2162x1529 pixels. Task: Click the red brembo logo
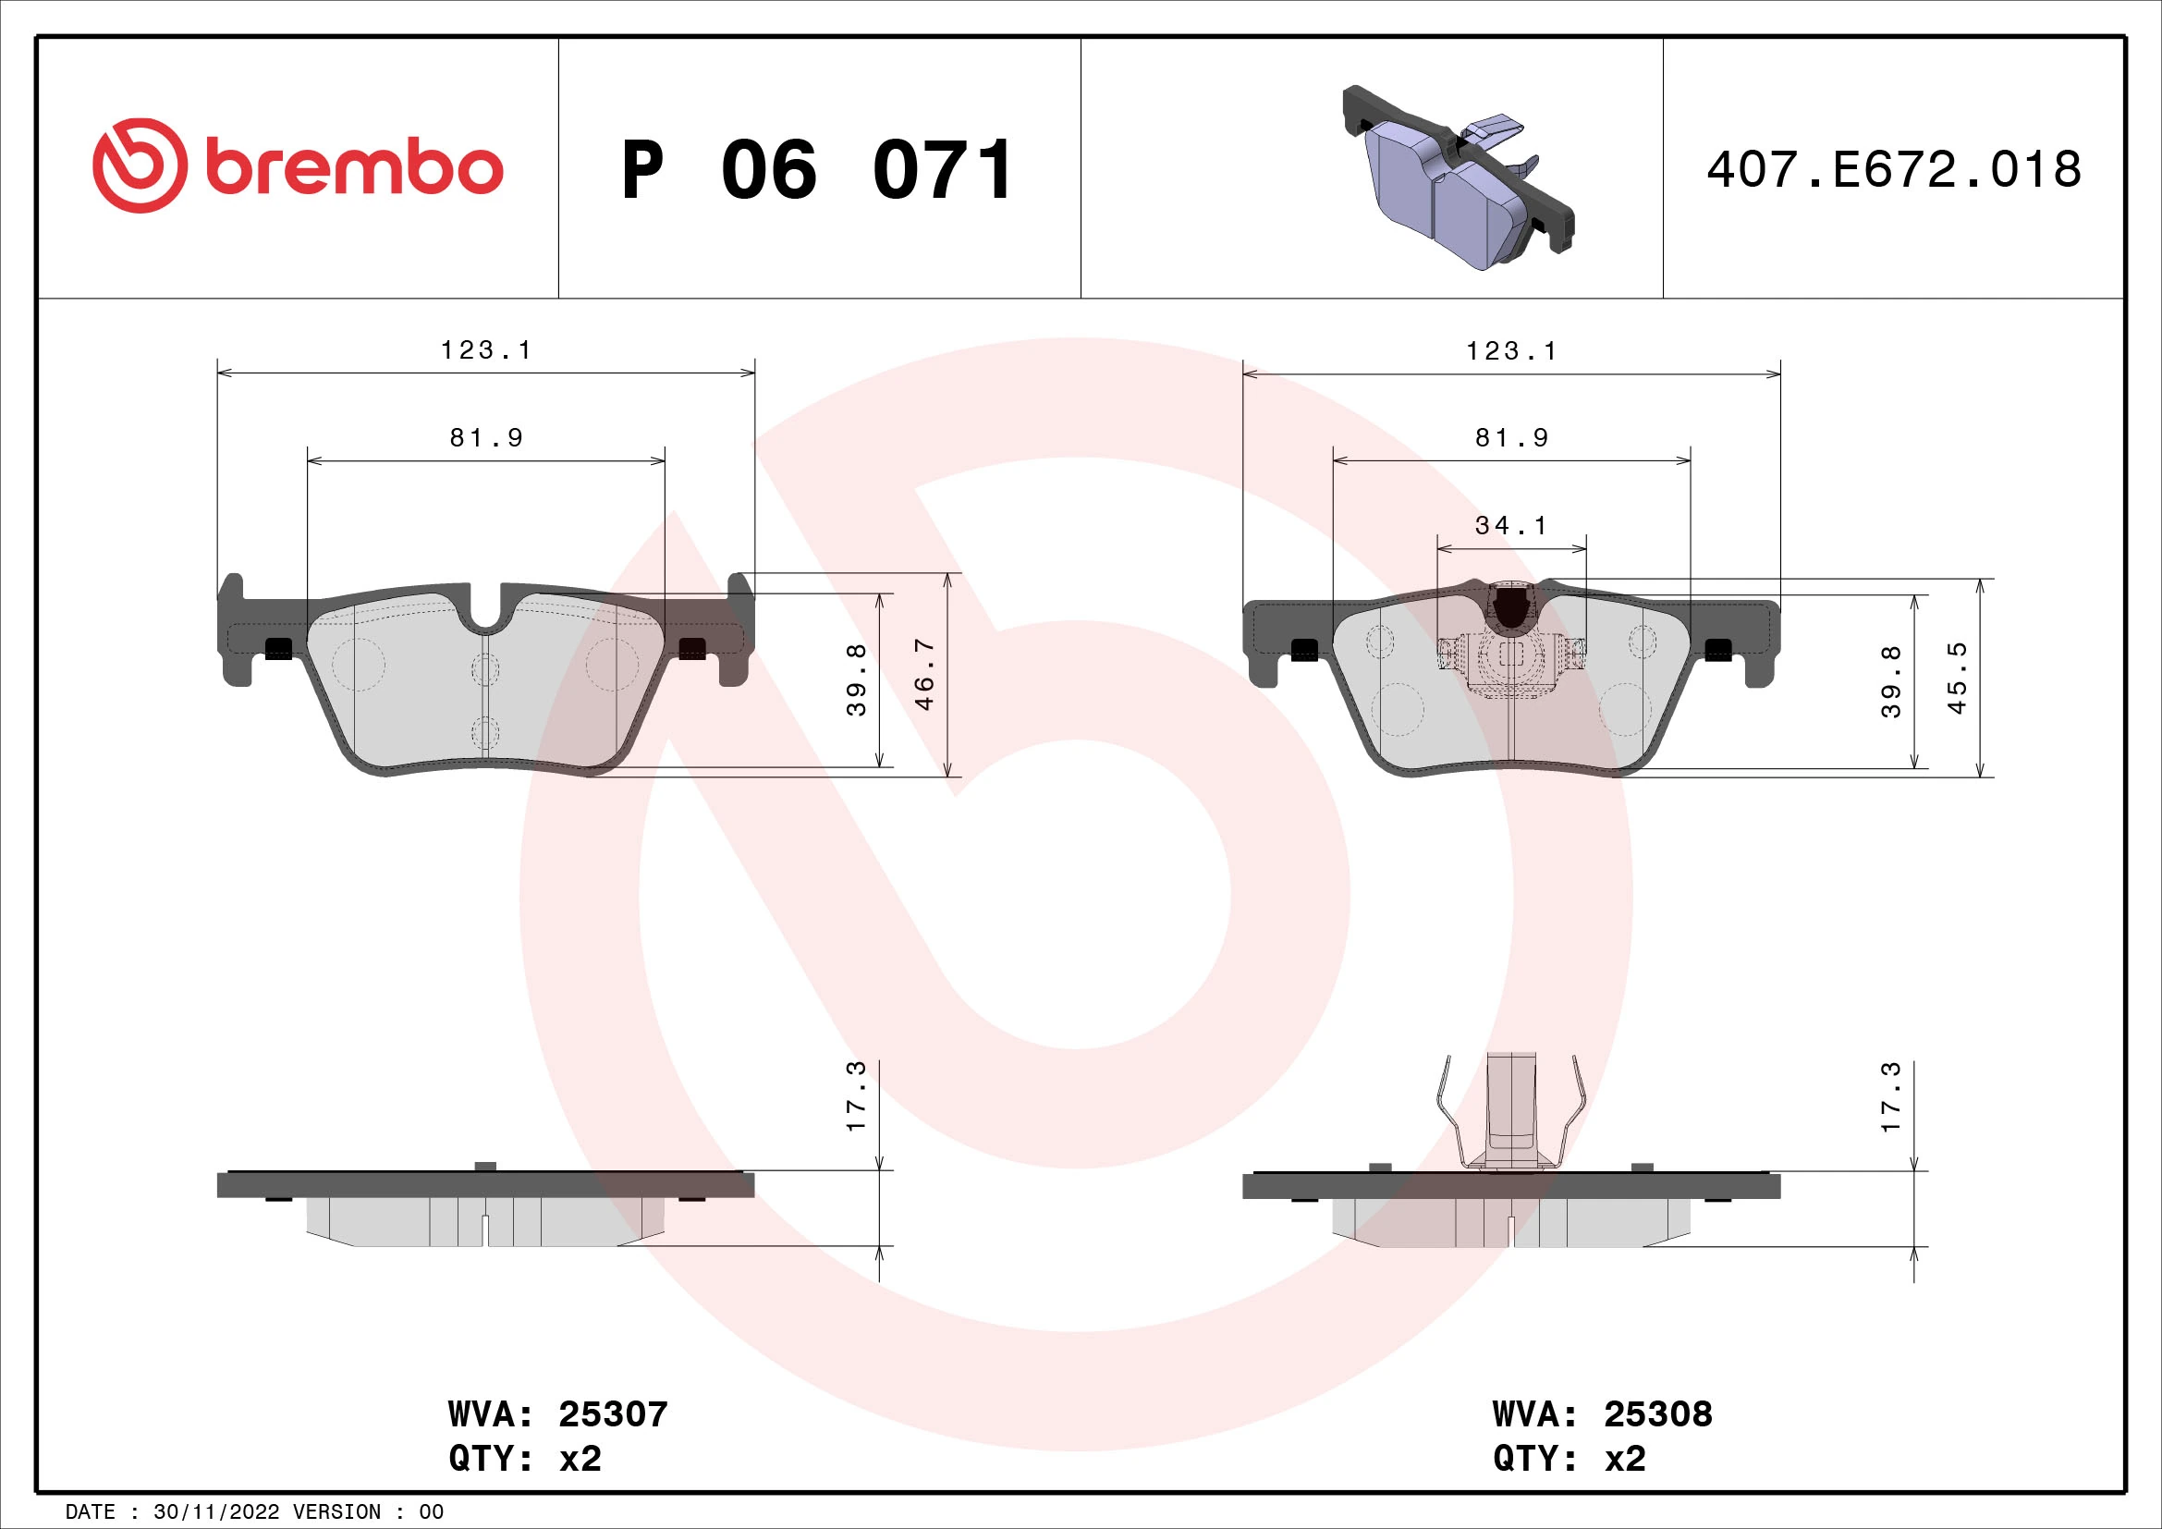click(298, 166)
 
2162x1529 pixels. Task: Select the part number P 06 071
click(817, 170)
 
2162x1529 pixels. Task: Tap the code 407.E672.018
click(1894, 169)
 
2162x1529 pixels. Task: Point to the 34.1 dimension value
click(1511, 525)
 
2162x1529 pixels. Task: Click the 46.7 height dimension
click(924, 674)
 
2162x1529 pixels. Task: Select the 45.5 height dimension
click(1957, 678)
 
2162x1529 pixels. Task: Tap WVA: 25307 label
click(557, 1413)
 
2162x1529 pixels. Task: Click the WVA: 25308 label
click(1602, 1413)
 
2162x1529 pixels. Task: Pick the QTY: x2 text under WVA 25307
click(524, 1458)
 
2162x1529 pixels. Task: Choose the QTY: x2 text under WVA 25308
click(1569, 1458)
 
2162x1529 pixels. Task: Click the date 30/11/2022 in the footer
click(215, 1512)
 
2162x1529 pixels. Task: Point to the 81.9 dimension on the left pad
click(486, 438)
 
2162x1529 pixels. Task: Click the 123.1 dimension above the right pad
click(1511, 351)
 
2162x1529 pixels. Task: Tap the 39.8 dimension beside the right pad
click(1891, 681)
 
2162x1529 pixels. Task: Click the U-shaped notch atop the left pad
click(485, 612)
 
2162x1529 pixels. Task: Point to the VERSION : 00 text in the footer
click(367, 1512)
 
